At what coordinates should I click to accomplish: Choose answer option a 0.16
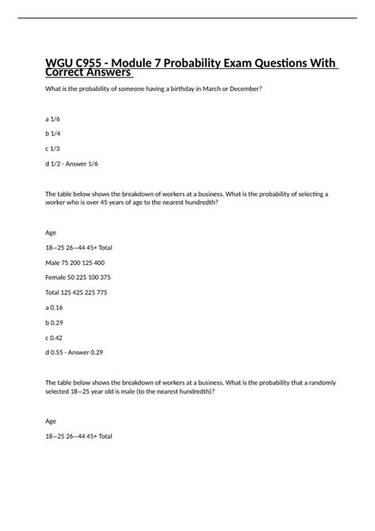point(55,307)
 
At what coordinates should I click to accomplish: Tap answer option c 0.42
point(55,336)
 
